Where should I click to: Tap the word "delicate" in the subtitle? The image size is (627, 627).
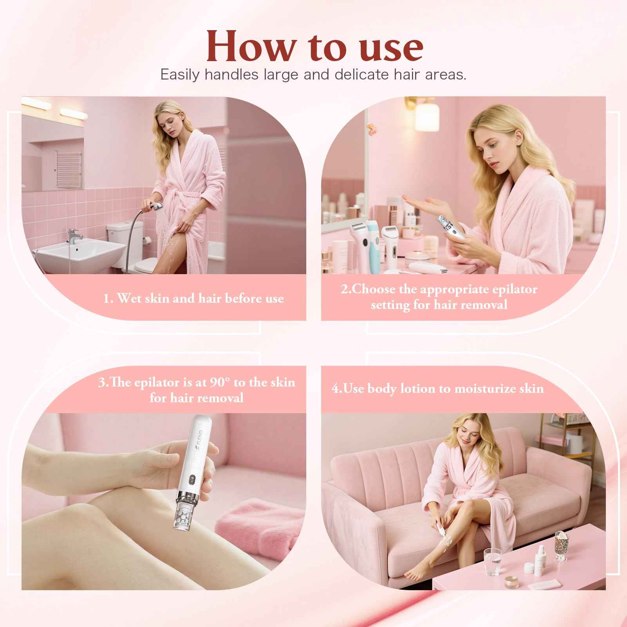coord(360,74)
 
